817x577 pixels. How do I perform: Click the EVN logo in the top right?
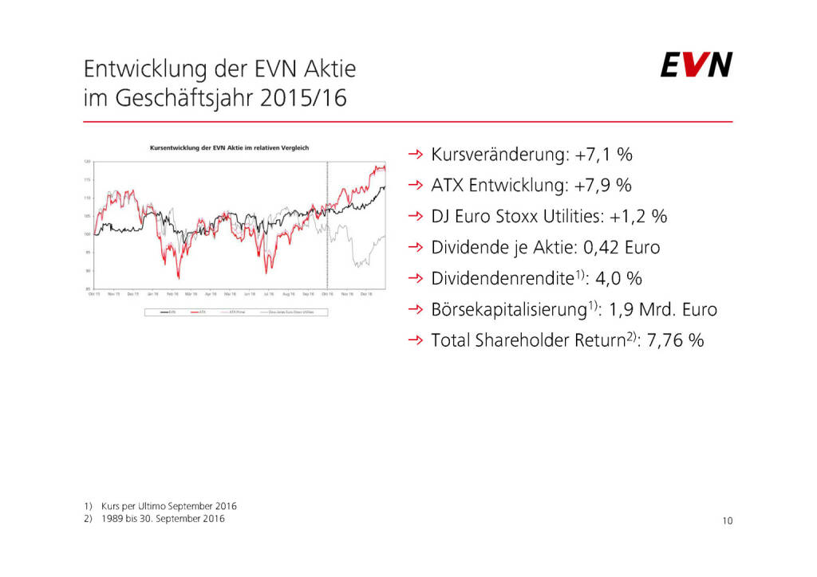point(696,65)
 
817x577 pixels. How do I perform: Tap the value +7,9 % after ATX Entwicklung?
point(602,185)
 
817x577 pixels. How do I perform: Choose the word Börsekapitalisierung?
point(511,310)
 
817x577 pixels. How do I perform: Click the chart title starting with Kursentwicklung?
point(229,147)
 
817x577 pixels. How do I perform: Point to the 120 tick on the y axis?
point(85,162)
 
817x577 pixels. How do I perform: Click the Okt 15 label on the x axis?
point(93,293)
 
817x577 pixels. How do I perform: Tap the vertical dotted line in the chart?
point(328,223)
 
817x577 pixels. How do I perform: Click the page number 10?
point(727,521)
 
